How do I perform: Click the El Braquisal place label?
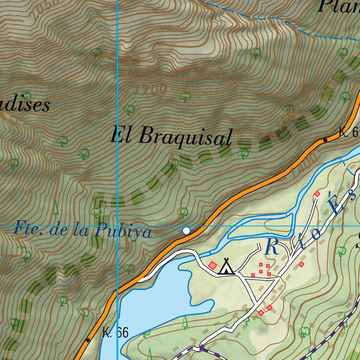[171, 136]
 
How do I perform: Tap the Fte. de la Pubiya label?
[83, 231]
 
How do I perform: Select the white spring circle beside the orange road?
[187, 231]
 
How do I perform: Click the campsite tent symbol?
[226, 267]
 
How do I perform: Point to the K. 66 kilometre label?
[116, 332]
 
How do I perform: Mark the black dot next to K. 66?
[88, 340]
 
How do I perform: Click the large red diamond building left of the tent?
[212, 265]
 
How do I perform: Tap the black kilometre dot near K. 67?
[325, 140]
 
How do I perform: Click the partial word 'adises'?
[25, 105]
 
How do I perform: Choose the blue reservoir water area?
[155, 299]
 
